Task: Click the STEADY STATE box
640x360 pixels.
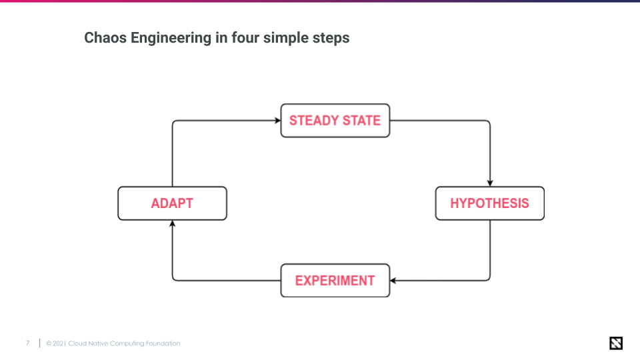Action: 335,121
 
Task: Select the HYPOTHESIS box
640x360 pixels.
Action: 489,203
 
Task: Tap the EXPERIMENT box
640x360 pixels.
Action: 335,280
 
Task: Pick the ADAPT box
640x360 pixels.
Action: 172,203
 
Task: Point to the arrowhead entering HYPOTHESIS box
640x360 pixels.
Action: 490,183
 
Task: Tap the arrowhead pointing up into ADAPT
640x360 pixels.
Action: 173,224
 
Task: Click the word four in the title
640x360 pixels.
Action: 245,38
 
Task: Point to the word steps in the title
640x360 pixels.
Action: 331,38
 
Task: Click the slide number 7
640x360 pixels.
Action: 27,343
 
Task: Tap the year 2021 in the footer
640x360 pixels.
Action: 59,343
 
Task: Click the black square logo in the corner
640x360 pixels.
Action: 616,343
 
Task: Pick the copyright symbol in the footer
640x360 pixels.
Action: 49,343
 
